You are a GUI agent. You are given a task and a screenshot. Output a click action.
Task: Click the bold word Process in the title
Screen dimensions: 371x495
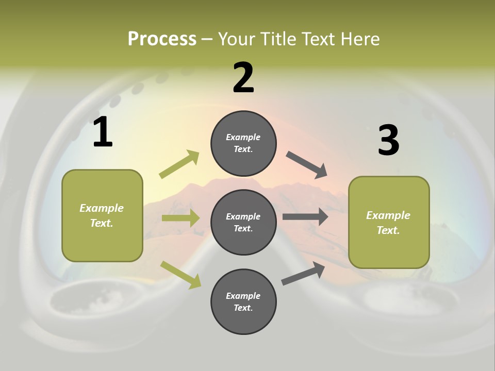162,39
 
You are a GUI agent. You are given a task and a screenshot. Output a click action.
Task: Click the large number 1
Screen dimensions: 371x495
103,132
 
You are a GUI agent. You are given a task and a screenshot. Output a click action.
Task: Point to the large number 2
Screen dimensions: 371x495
243,78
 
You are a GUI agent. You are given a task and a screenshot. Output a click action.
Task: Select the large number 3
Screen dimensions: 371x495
388,140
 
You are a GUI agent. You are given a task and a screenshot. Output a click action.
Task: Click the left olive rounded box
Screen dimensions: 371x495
102,215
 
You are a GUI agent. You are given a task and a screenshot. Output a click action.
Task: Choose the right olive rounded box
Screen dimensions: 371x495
389,222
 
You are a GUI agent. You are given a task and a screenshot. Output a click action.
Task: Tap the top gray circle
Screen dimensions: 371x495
243,143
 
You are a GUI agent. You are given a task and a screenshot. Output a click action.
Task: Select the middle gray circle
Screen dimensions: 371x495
243,222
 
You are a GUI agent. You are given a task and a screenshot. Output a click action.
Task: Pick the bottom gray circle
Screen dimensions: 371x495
243,301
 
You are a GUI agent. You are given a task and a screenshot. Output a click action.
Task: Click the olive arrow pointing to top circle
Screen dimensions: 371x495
179,164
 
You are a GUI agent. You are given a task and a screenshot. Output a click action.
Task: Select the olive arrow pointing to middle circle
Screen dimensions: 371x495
180,218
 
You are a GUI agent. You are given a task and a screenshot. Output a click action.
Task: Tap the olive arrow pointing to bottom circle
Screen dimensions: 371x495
181,275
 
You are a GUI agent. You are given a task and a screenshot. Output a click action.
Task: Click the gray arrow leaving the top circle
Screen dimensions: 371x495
307,165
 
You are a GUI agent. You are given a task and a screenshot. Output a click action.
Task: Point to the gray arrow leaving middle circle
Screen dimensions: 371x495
305,217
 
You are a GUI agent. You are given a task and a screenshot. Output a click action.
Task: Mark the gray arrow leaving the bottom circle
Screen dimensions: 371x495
303,274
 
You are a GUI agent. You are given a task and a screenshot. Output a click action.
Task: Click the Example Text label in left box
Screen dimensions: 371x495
102,215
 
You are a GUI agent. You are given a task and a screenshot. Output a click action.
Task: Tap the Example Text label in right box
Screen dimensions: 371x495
388,223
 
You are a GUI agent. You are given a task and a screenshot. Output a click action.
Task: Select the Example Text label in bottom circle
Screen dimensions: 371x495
243,301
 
